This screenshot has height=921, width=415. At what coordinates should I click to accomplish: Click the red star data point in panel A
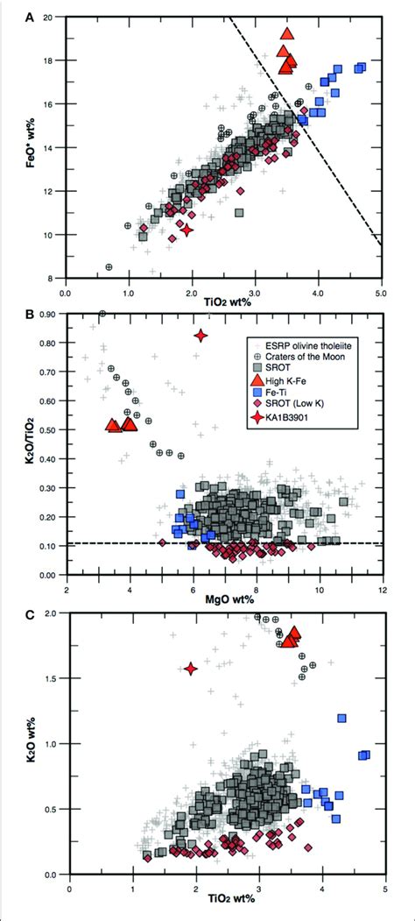point(186,230)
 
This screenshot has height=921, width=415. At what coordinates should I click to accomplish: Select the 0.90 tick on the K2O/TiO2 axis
point(46,314)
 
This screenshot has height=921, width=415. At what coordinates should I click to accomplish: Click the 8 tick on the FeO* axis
point(52,278)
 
